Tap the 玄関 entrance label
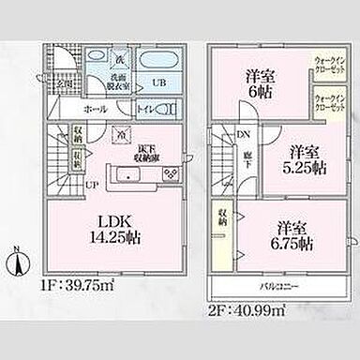coord(63,83)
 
